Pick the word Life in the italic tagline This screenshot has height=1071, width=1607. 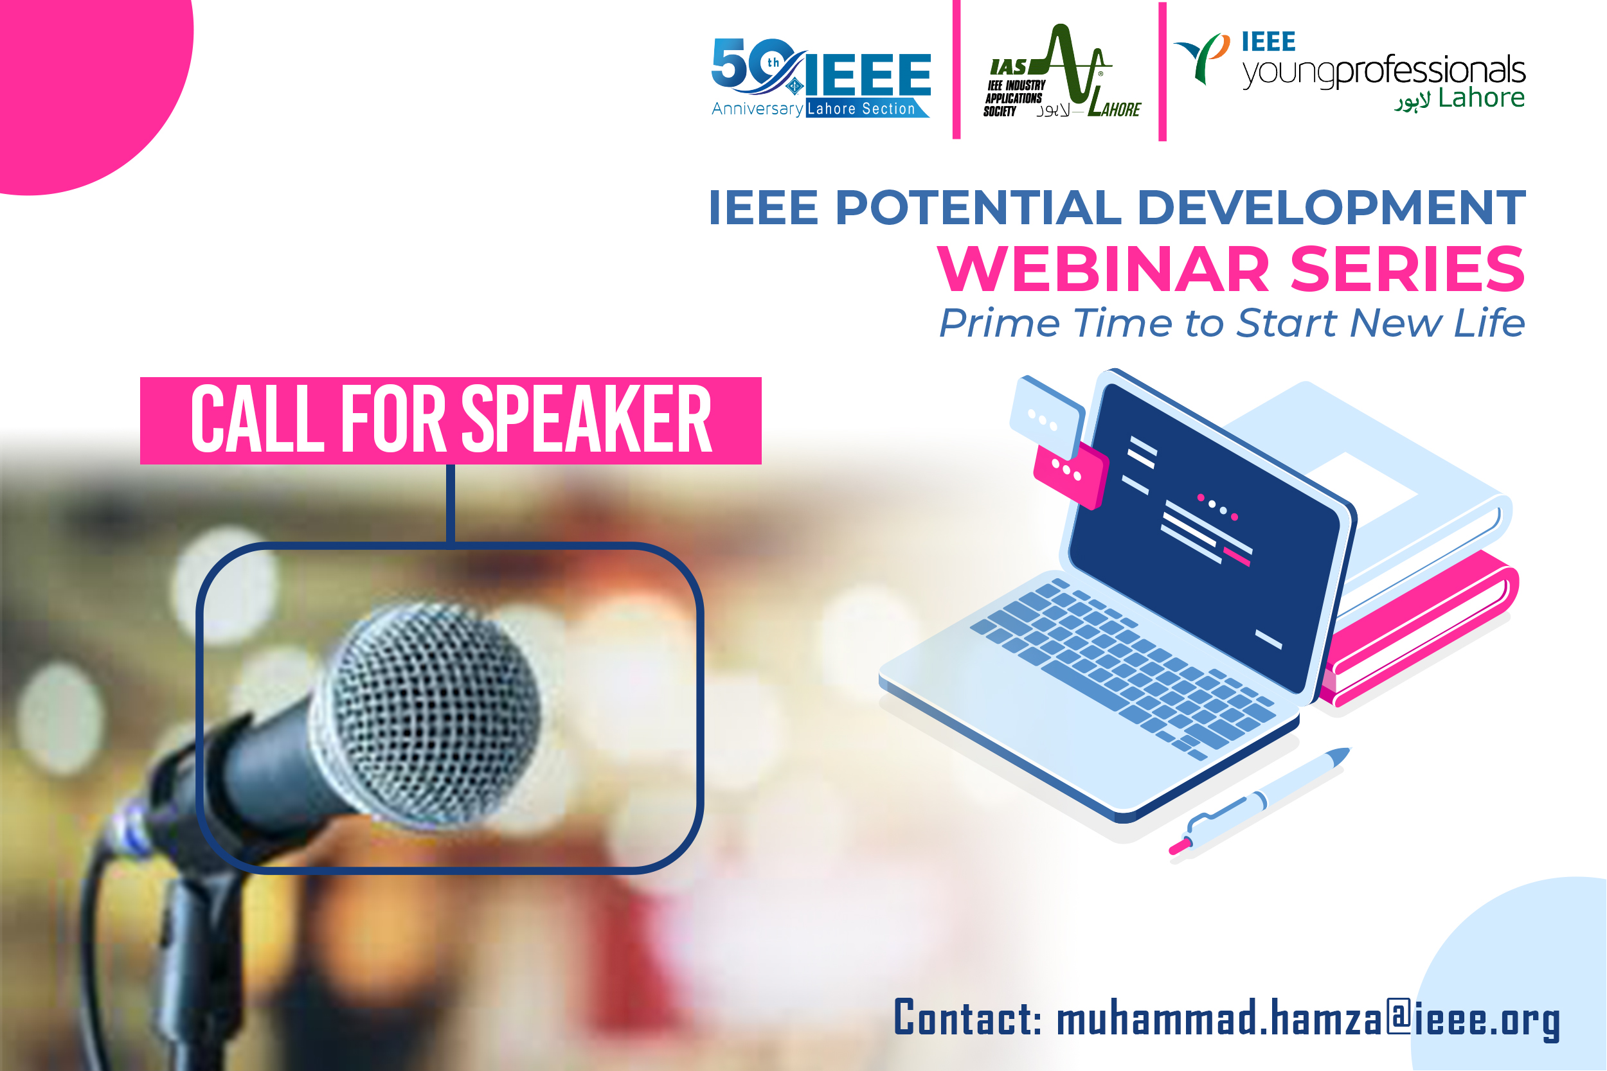click(1489, 323)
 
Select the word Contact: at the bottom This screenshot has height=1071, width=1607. click(967, 1017)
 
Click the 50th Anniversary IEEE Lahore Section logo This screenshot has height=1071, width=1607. click(821, 77)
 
